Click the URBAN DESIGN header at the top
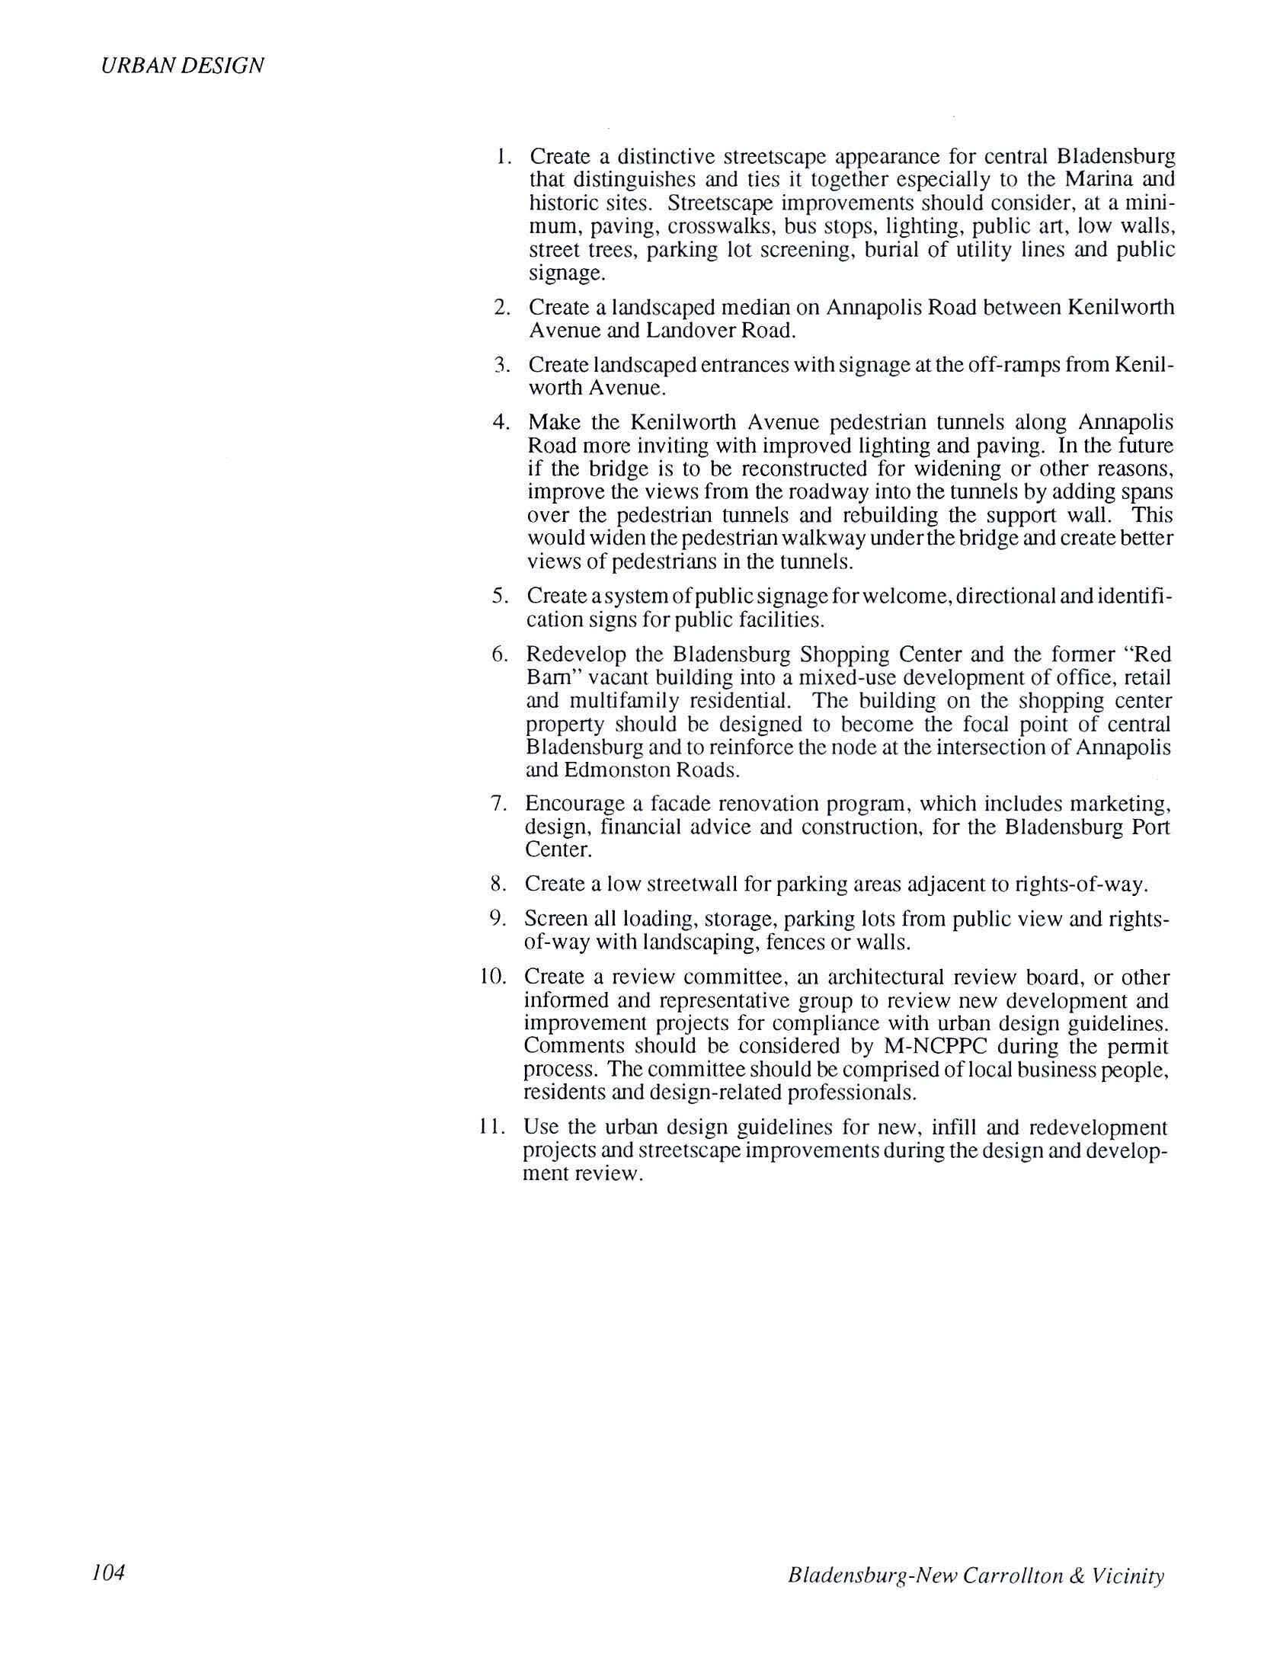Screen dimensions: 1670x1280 [x=182, y=66]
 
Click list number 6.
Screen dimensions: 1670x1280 [x=500, y=654]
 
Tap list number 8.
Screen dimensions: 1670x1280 [x=500, y=884]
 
